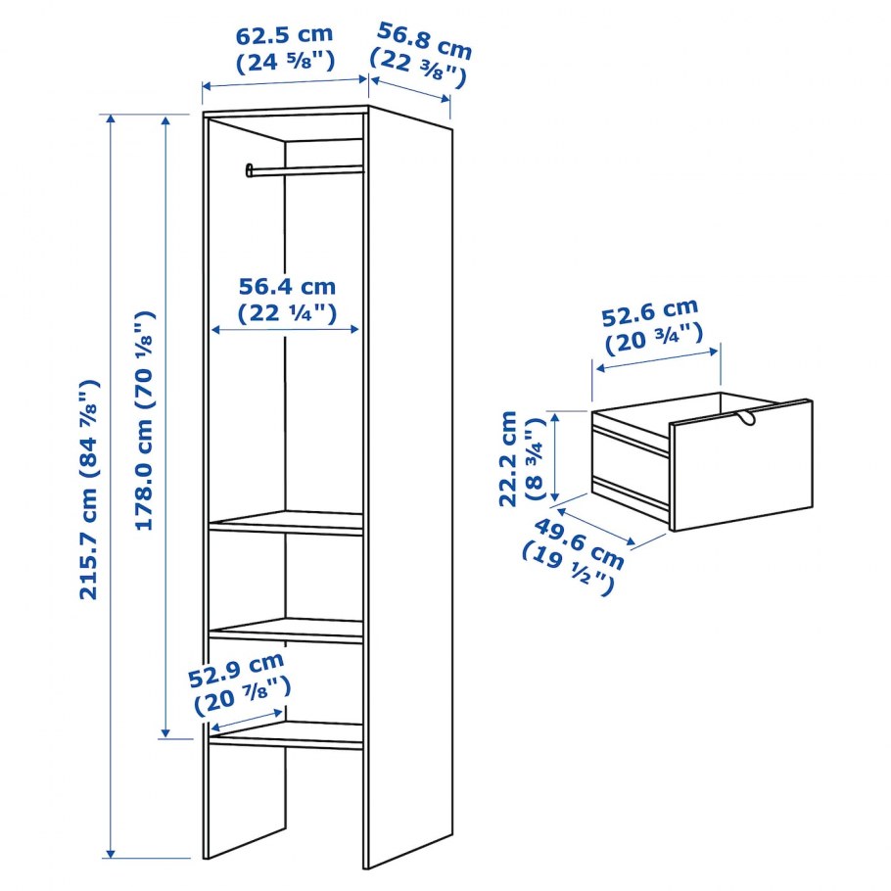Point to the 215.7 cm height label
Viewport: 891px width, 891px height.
coord(90,490)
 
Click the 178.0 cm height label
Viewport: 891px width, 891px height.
coord(144,421)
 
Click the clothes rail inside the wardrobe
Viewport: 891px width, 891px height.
coord(305,169)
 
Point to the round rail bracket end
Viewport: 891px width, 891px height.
coord(249,170)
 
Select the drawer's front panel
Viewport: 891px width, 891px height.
coord(741,465)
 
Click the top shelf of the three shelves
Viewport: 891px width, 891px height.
coord(286,522)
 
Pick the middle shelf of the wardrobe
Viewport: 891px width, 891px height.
coord(286,631)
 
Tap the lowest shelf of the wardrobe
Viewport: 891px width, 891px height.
coord(286,735)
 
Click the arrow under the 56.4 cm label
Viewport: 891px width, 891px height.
coord(285,329)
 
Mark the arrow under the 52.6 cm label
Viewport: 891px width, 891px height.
coord(657,360)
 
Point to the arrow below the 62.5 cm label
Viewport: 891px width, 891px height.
coord(285,82)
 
